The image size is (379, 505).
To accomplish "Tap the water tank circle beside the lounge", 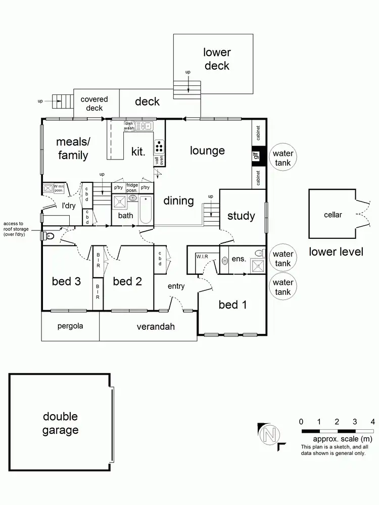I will [283, 158].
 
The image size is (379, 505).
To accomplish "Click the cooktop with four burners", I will [160, 146].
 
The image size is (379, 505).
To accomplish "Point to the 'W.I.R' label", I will [203, 257].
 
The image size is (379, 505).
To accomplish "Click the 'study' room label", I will [241, 216].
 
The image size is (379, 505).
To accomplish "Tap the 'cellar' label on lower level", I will [333, 215].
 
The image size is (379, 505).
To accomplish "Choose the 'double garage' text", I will [60, 423].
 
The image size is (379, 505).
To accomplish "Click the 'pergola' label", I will [70, 326].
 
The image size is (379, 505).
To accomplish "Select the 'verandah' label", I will [156, 326].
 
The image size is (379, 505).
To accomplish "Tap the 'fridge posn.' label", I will [132, 187].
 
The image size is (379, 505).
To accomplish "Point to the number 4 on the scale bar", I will [372, 421].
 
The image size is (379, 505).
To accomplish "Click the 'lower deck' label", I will [217, 59].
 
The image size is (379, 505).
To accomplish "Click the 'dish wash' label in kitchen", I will [129, 126].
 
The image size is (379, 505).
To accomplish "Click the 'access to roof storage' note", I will [20, 229].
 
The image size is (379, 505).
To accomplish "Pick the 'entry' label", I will [176, 286].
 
